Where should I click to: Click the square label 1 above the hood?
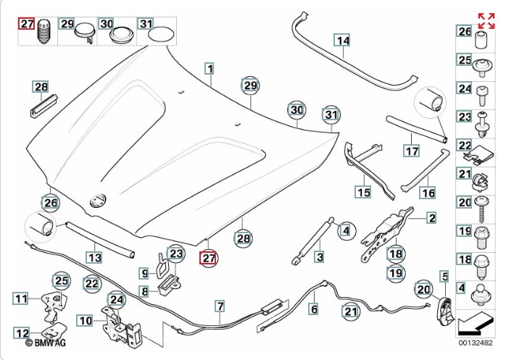click(x=210, y=70)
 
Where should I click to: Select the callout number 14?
click(x=341, y=41)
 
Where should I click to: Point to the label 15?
click(x=362, y=192)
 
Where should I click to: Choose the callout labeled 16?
click(x=428, y=193)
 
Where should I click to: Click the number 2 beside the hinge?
click(x=431, y=217)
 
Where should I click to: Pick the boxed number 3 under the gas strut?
click(x=319, y=256)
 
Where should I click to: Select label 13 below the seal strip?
click(x=95, y=256)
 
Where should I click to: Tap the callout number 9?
click(x=144, y=273)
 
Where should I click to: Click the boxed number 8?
click(x=144, y=292)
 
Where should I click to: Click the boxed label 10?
click(x=85, y=320)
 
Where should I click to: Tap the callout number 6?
click(x=314, y=309)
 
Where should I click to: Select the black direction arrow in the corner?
click(x=475, y=319)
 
